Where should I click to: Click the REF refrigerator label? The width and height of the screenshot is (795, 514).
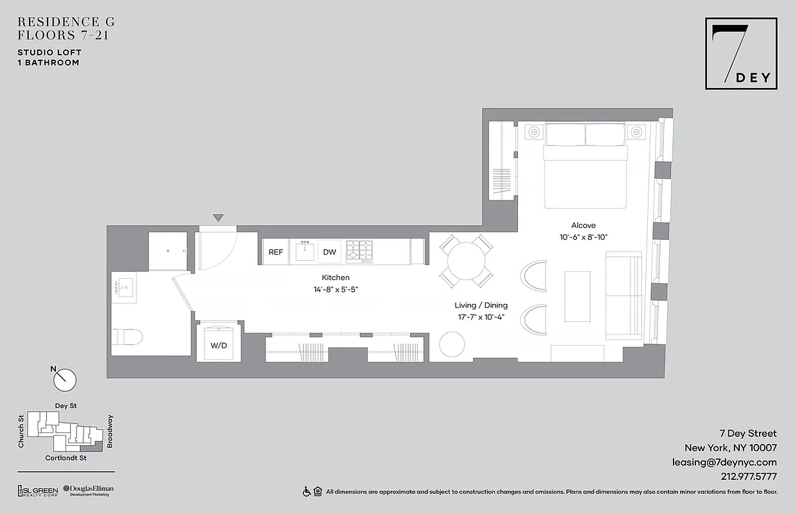pos(276,252)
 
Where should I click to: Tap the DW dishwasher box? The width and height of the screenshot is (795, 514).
pos(330,252)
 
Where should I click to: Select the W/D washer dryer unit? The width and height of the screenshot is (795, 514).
pos(219,345)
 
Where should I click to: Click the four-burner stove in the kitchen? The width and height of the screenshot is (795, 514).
pos(360,251)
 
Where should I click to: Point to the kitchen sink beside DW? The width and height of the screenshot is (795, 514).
pos(305,251)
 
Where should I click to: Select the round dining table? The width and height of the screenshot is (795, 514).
pos(467,260)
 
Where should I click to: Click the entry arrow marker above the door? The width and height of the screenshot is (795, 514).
pos(219,218)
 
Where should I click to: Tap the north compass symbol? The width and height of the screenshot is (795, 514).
pos(64,379)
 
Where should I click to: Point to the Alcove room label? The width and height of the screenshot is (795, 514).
pos(583,226)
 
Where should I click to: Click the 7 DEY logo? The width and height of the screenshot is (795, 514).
pos(740,53)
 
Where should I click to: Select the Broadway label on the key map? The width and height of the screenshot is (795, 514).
pos(110,431)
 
